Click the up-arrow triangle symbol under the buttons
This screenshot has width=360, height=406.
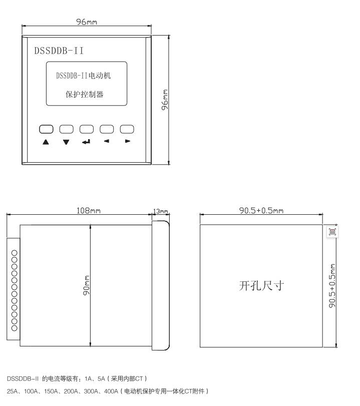46,142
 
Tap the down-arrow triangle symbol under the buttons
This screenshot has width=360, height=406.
66,142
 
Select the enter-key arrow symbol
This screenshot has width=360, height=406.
86,142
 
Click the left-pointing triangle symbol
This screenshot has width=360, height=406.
107,141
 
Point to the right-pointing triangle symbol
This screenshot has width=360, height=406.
128,141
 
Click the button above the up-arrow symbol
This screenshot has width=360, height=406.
46,129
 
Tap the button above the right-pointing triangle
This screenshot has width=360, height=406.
127,129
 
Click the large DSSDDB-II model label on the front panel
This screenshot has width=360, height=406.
59,51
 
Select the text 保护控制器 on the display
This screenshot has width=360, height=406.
85,94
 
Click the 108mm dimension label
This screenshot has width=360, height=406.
89,210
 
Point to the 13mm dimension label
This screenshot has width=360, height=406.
161,211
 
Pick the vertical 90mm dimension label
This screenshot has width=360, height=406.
86,285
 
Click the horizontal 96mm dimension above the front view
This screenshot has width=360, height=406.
87,22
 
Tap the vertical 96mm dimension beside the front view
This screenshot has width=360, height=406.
165,100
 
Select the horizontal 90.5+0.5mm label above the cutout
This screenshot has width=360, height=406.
261,210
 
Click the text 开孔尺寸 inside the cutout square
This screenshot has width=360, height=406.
261,286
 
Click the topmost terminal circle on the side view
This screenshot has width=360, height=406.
14,253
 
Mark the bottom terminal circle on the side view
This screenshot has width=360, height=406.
14,328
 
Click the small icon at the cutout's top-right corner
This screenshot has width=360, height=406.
332,231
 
